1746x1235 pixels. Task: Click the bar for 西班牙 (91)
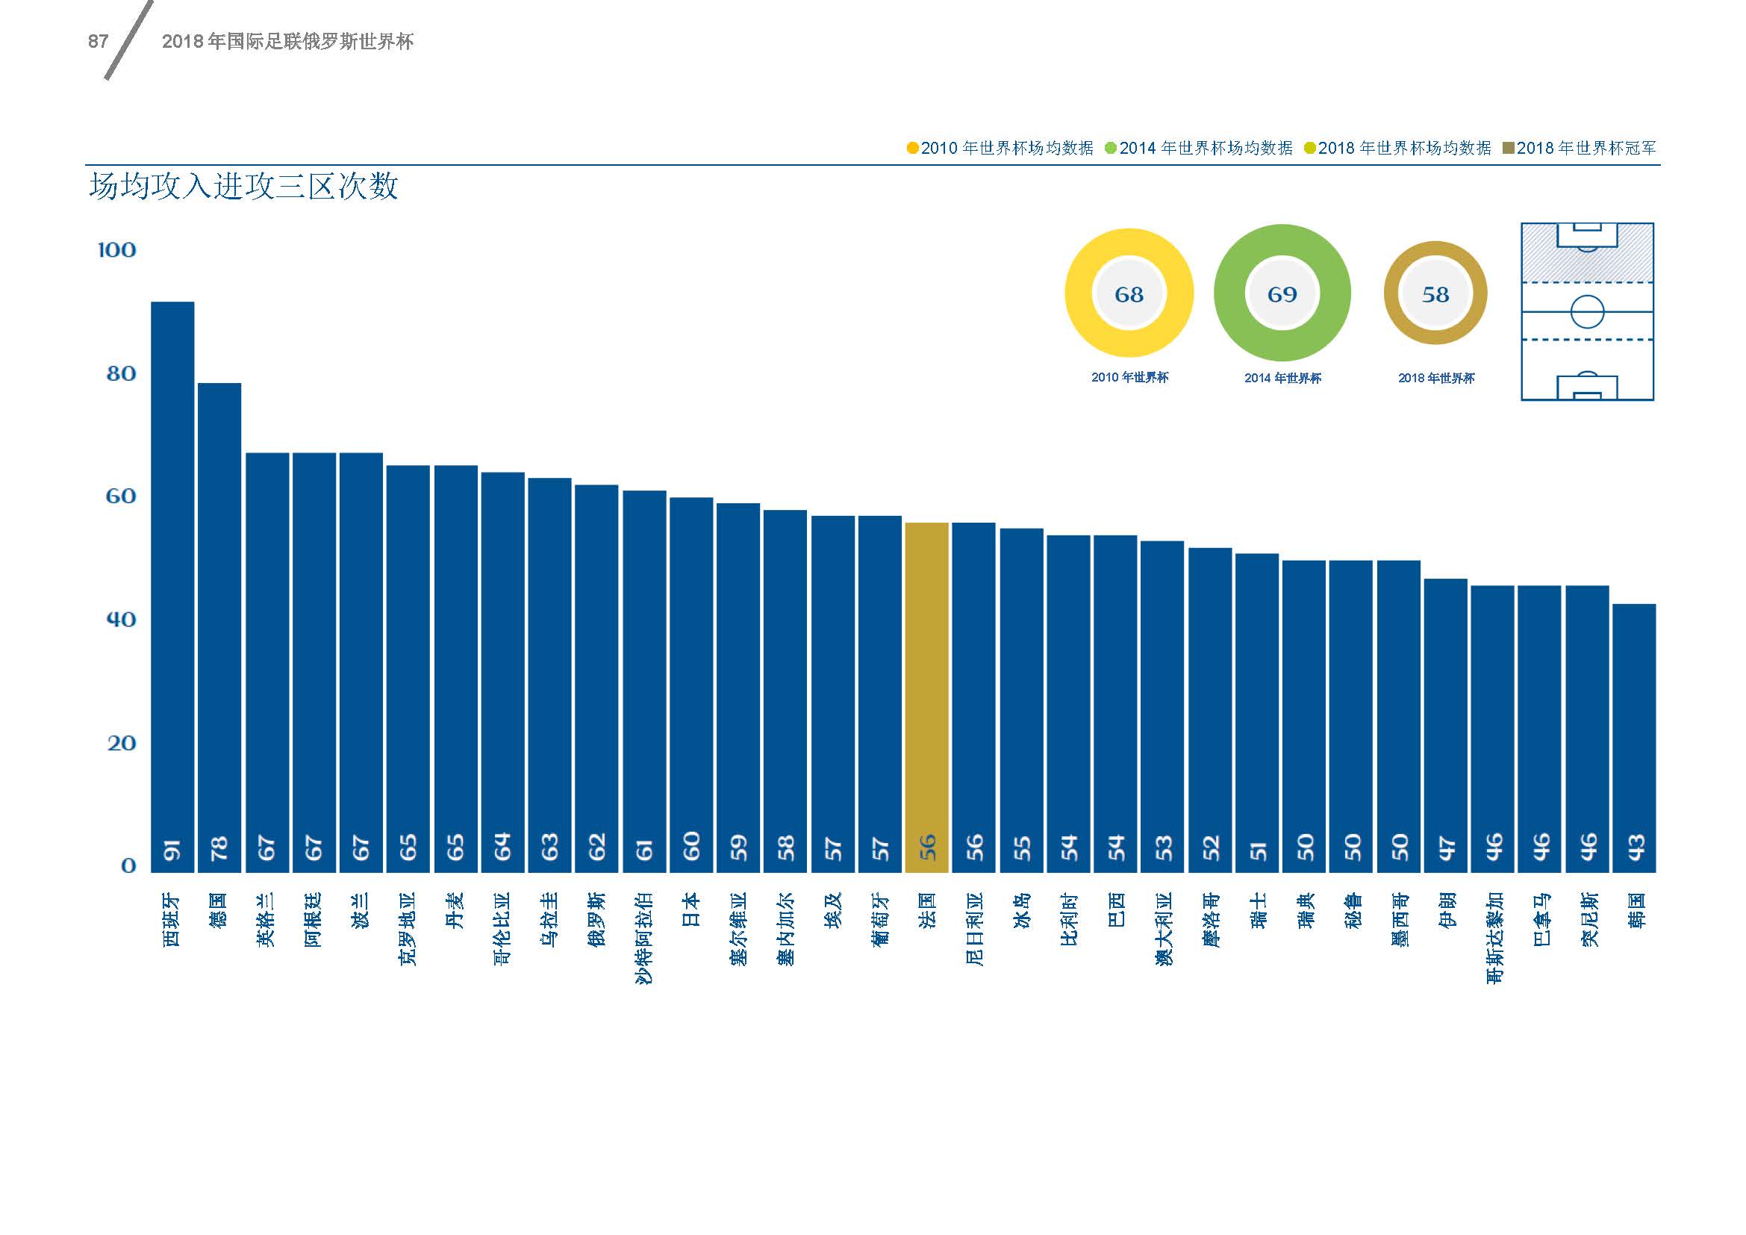pyautogui.click(x=172, y=585)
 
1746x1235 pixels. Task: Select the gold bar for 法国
pyautogui.click(x=926, y=696)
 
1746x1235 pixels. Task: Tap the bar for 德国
pyautogui.click(x=219, y=626)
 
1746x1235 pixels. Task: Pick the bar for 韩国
pyautogui.click(x=1633, y=737)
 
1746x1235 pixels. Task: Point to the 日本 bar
pyautogui.click(x=690, y=684)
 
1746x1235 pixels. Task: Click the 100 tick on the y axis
pyautogui.click(x=117, y=250)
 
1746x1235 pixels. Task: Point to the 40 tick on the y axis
pyautogui.click(x=121, y=619)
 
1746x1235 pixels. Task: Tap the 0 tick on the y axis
pyautogui.click(x=128, y=865)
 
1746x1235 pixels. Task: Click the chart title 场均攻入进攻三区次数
pyautogui.click(x=243, y=187)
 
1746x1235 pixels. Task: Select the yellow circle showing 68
pyautogui.click(x=1129, y=293)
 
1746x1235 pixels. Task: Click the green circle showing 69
pyautogui.click(x=1282, y=293)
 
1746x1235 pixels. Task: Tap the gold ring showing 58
pyautogui.click(x=1435, y=293)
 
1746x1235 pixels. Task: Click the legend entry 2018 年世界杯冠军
pyautogui.click(x=1580, y=149)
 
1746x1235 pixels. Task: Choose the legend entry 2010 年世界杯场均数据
pyautogui.click(x=1000, y=149)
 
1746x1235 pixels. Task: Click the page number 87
pyautogui.click(x=98, y=42)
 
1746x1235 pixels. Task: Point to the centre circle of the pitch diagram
pyautogui.click(x=1587, y=312)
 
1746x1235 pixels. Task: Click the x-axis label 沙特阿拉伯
pyautogui.click(x=644, y=938)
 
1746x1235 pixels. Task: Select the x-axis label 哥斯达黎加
pyautogui.click(x=1494, y=938)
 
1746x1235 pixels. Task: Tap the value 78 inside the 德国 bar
pyautogui.click(x=219, y=847)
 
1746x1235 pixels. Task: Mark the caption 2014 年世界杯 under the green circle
pyautogui.click(x=1282, y=378)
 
